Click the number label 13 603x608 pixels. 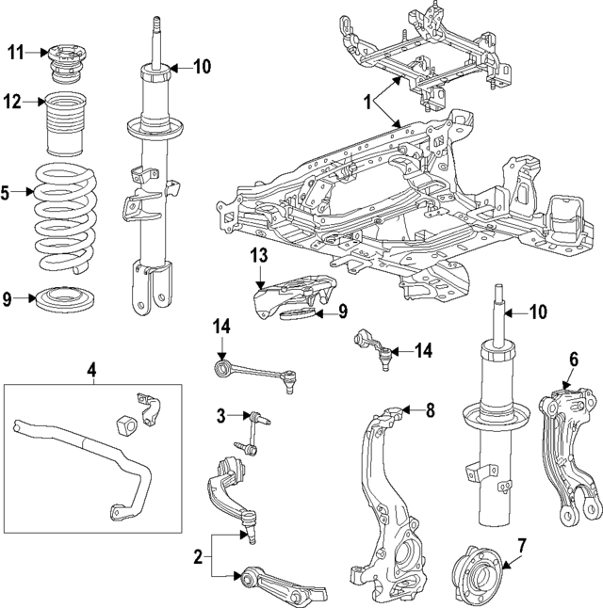pos(260,257)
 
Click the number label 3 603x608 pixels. pos(220,415)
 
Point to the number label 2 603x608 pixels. pos(198,558)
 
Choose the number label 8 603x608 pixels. pos(430,409)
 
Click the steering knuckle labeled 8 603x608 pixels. pos(386,489)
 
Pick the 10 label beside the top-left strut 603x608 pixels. pos(202,66)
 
